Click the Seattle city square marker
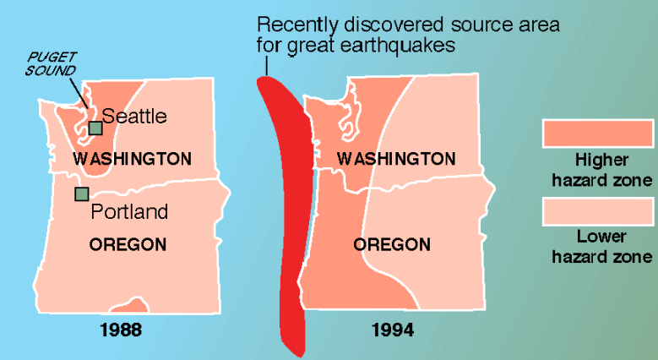coord(95,128)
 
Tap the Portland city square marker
coord(82,194)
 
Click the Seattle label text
coord(134,116)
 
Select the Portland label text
coord(129,211)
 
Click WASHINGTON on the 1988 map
coord(132,159)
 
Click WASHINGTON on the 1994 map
coord(396,159)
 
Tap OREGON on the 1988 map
coord(127,244)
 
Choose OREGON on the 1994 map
coord(392,244)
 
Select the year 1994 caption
coord(394,329)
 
